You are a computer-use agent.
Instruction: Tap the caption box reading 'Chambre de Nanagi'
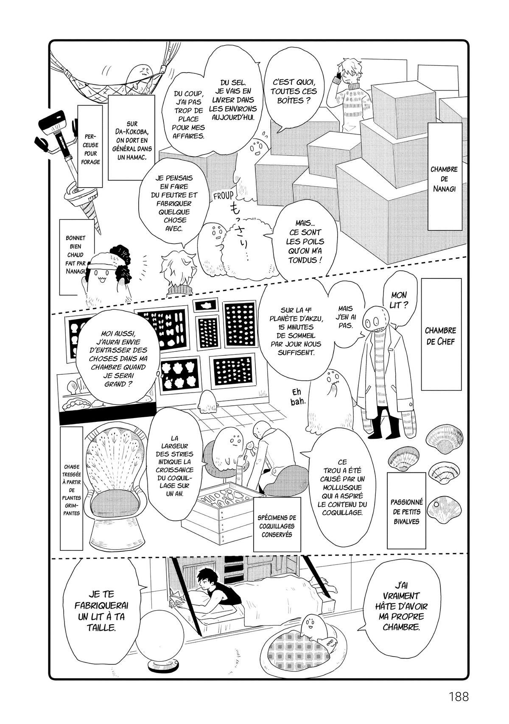pos(443,179)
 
